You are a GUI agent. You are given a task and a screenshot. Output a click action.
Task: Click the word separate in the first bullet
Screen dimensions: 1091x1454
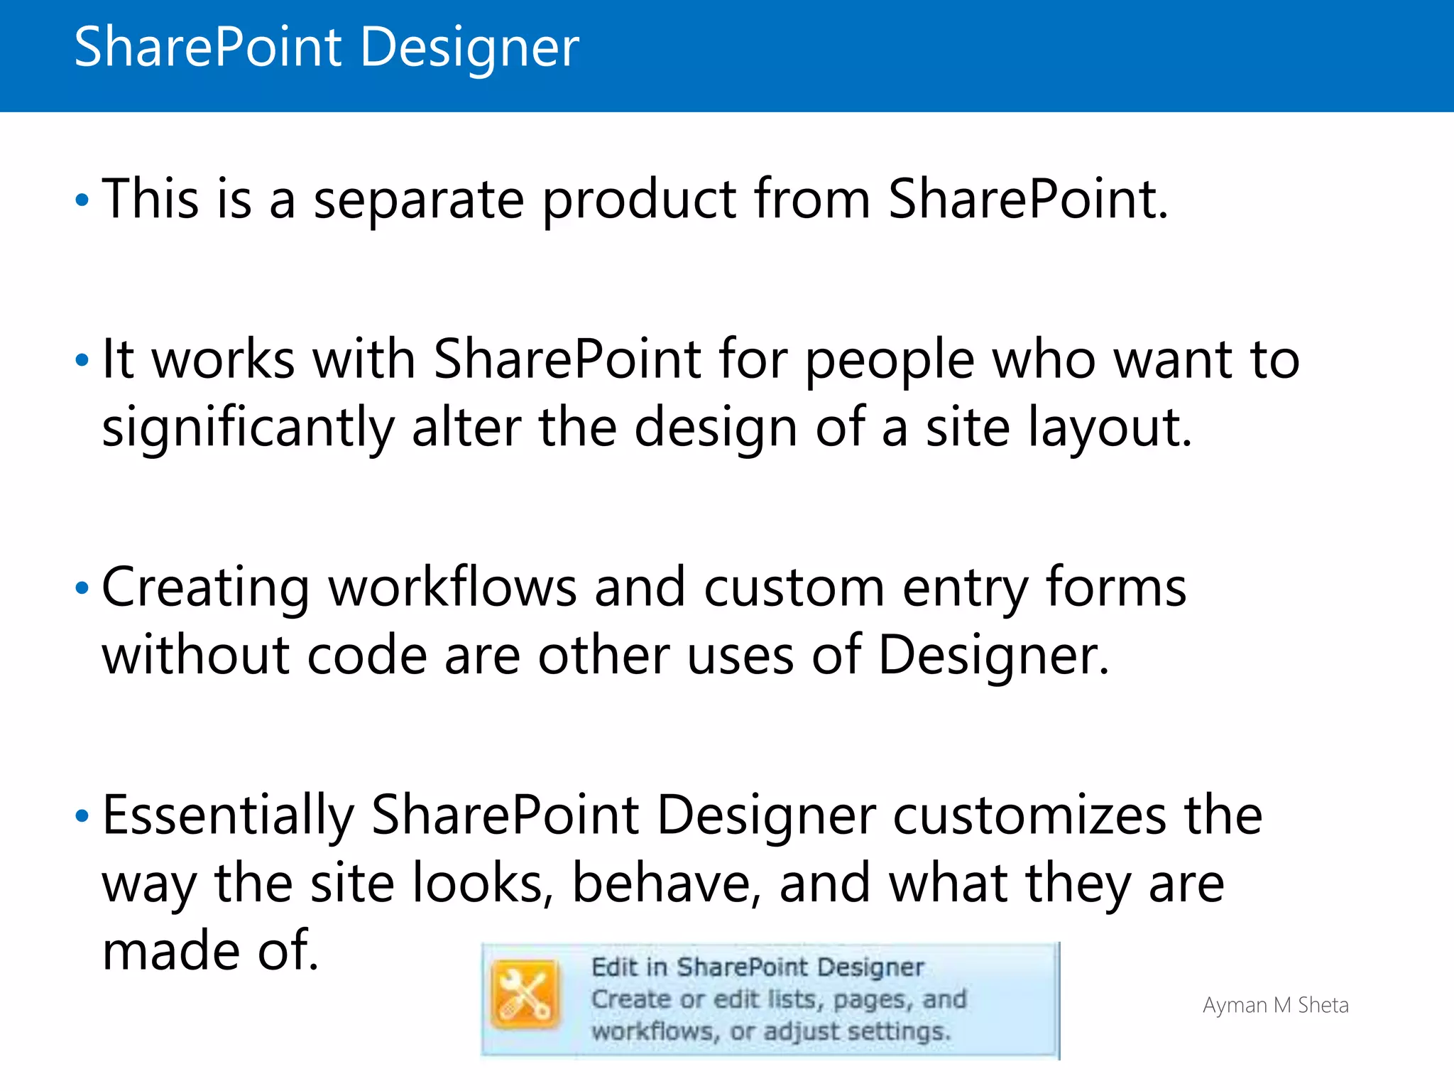click(418, 200)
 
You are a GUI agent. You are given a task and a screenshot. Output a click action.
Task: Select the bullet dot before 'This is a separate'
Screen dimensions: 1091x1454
click(82, 200)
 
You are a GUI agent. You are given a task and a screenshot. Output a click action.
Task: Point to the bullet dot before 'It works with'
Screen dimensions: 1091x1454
click(82, 360)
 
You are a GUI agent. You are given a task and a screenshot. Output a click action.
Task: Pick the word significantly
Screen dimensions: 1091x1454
click(248, 428)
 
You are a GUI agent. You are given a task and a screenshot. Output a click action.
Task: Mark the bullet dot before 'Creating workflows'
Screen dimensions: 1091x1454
click(82, 588)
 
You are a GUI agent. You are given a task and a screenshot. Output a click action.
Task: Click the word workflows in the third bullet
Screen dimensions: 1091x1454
click(452, 588)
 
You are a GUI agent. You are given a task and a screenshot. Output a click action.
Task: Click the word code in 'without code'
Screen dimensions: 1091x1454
click(366, 656)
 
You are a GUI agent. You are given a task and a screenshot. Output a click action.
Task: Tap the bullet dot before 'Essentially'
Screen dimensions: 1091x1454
click(82, 816)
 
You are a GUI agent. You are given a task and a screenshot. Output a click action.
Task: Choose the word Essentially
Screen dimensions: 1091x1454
click(228, 816)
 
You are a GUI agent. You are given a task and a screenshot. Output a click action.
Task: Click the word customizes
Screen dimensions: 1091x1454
click(1029, 816)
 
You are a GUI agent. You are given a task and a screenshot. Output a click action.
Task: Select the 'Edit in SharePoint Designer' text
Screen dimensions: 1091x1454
click(757, 967)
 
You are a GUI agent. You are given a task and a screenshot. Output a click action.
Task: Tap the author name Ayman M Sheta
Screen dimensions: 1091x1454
click(1275, 1006)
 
